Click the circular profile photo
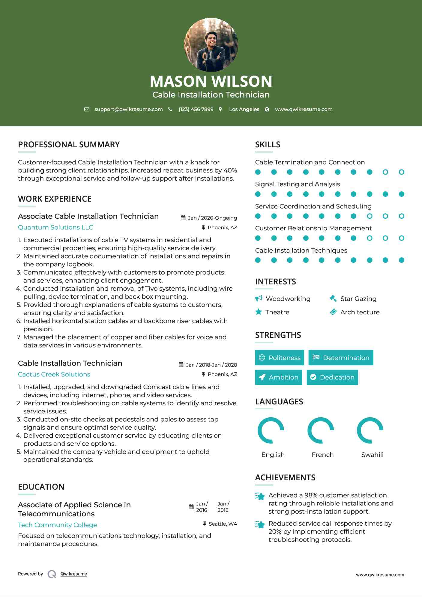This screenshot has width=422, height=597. pos(211,45)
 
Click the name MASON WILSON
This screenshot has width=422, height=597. pos(211,81)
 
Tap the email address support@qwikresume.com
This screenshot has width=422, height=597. pos(128,109)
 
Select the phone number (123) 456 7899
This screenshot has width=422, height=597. pos(196,109)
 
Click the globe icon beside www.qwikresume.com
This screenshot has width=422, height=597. pos(267,109)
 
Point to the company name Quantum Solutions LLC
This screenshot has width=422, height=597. pos(55,227)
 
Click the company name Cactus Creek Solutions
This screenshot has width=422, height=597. pos(54,374)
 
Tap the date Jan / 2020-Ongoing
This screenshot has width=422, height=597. pos(212,218)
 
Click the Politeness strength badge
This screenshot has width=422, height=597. pos(279,358)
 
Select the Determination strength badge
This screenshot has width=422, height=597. pos(341,358)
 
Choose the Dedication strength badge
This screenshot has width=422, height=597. pos(332,377)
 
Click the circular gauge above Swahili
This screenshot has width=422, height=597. pos(370,430)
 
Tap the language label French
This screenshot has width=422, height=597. pos(322,455)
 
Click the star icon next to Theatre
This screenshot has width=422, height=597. pos(259,312)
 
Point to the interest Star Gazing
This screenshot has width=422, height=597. pos(358,299)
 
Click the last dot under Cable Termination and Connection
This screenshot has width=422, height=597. pos(401,172)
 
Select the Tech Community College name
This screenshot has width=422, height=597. pos(57,525)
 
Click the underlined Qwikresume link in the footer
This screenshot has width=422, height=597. pos(74,574)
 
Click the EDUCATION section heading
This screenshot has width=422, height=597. pos(41,487)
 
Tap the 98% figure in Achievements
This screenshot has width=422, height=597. pos(311,495)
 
